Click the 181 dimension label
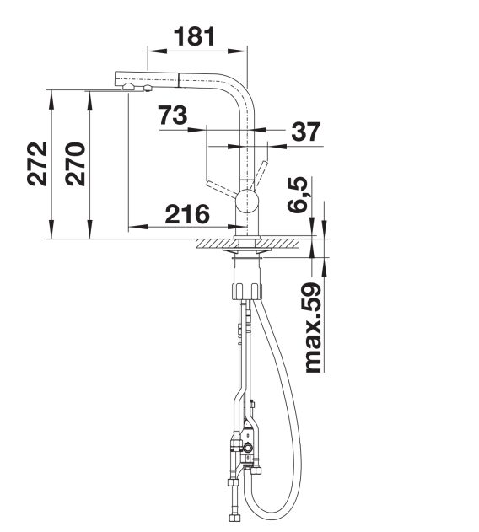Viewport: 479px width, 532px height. point(195,36)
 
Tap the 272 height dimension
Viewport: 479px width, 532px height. point(37,164)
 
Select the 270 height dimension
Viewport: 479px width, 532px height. point(75,164)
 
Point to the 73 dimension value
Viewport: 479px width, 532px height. point(173,115)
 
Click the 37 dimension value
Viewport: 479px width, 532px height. point(305,132)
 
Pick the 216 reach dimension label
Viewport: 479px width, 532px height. point(187,214)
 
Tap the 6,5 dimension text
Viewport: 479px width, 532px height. point(299,195)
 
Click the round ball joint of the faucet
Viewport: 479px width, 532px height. point(248,202)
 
